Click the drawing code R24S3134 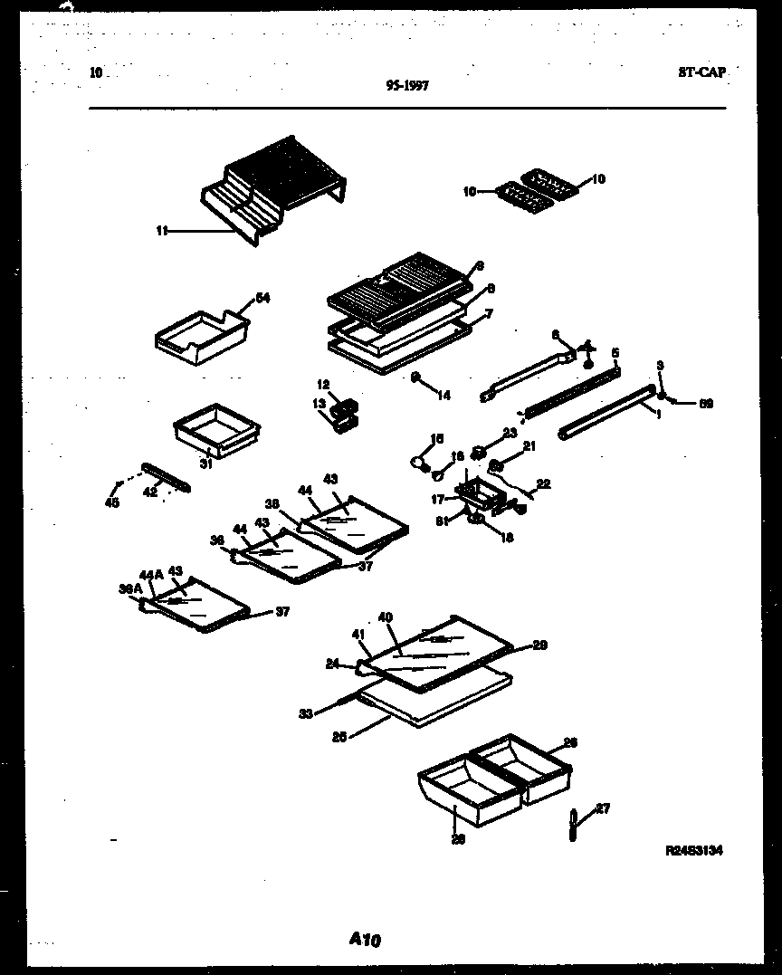(x=693, y=851)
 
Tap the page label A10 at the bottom (x=365, y=941)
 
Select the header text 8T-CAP (x=701, y=72)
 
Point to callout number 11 (x=161, y=231)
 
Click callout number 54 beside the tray (x=262, y=298)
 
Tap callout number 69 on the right (x=705, y=404)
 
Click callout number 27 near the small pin (x=603, y=808)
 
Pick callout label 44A (x=151, y=574)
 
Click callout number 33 (x=306, y=714)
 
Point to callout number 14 (x=443, y=395)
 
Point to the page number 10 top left (x=97, y=72)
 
